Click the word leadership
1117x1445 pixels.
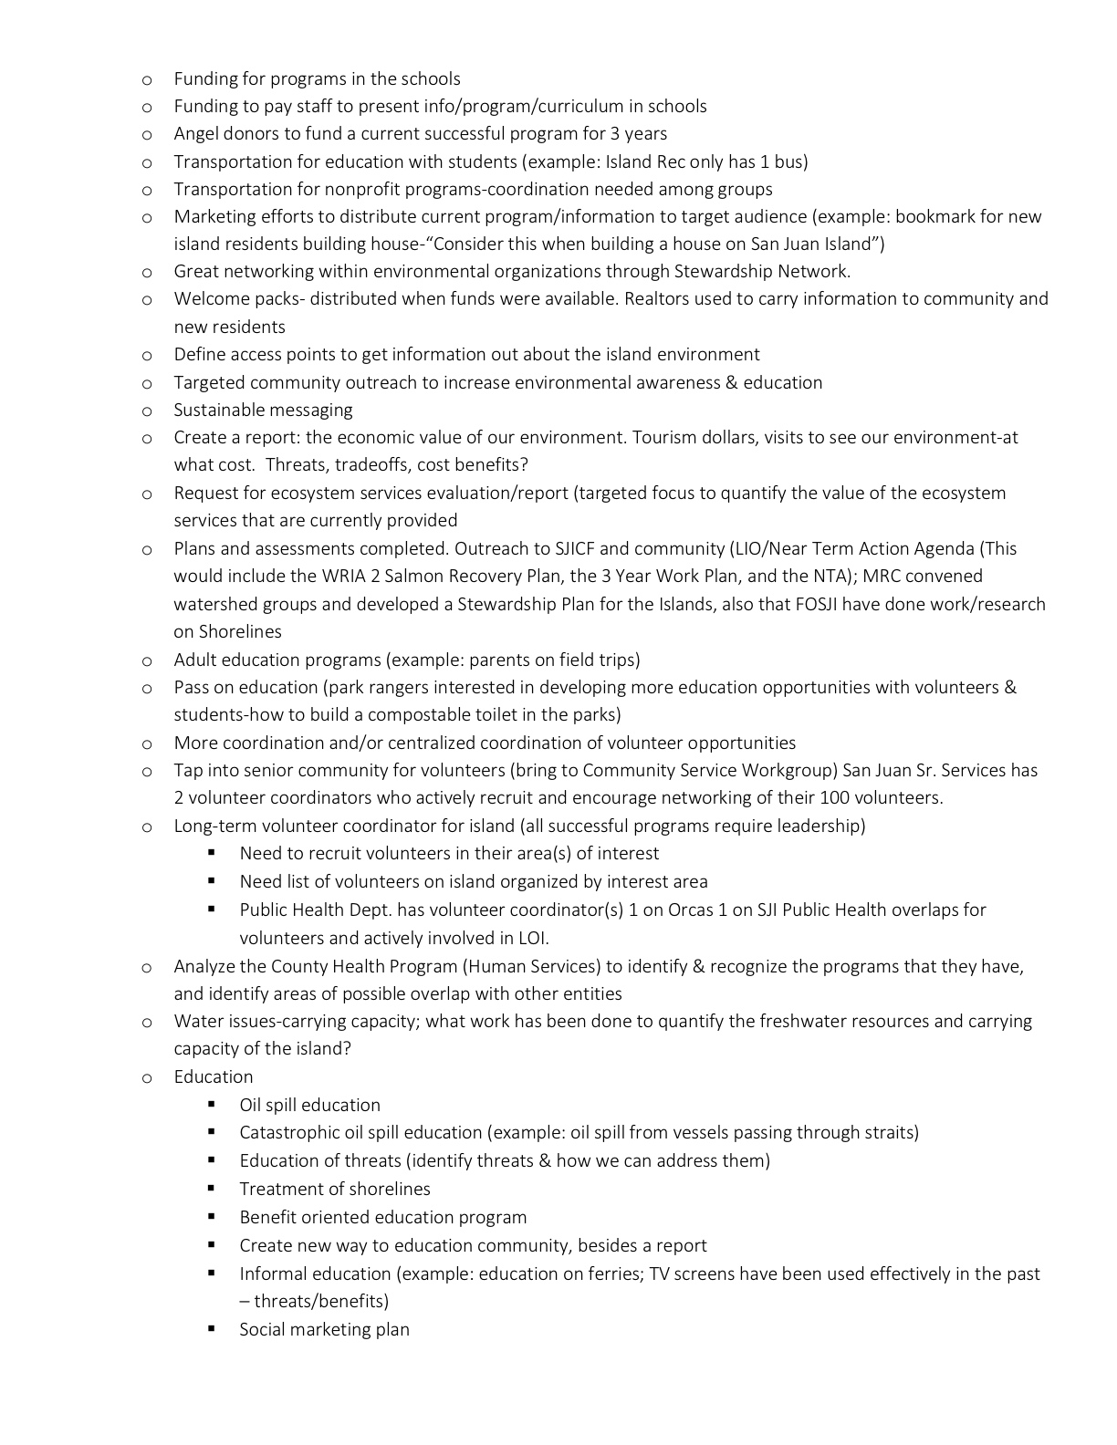(819, 826)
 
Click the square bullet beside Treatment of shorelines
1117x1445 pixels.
(212, 1189)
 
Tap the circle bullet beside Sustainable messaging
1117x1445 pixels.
(146, 411)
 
